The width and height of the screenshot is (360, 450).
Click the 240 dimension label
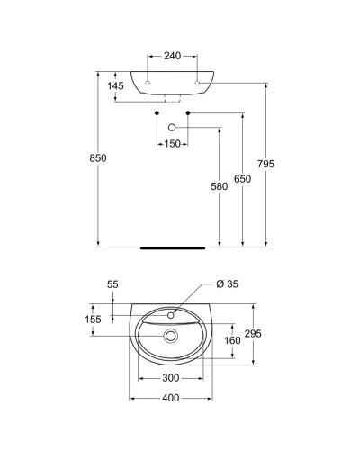[x=172, y=56]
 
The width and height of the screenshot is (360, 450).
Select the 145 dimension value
[x=115, y=86]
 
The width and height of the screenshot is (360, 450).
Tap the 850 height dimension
[x=98, y=158]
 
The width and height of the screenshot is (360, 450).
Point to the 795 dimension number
[x=265, y=164]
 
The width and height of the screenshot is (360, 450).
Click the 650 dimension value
[x=242, y=179]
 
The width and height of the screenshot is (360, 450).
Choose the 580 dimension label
[x=220, y=186]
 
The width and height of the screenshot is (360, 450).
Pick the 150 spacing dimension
[x=173, y=144]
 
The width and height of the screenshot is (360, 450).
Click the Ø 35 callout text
[x=227, y=283]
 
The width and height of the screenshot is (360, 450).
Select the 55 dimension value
[x=112, y=284]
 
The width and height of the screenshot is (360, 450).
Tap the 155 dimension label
[x=93, y=319]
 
